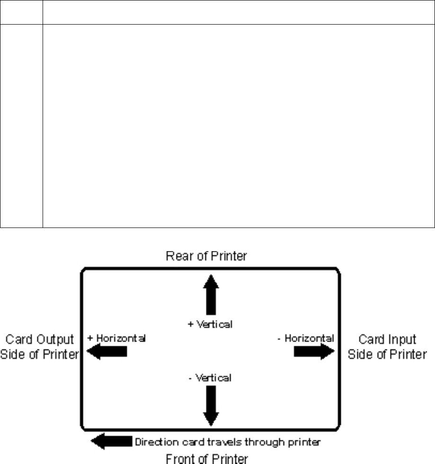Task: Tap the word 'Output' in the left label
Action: [59, 339]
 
